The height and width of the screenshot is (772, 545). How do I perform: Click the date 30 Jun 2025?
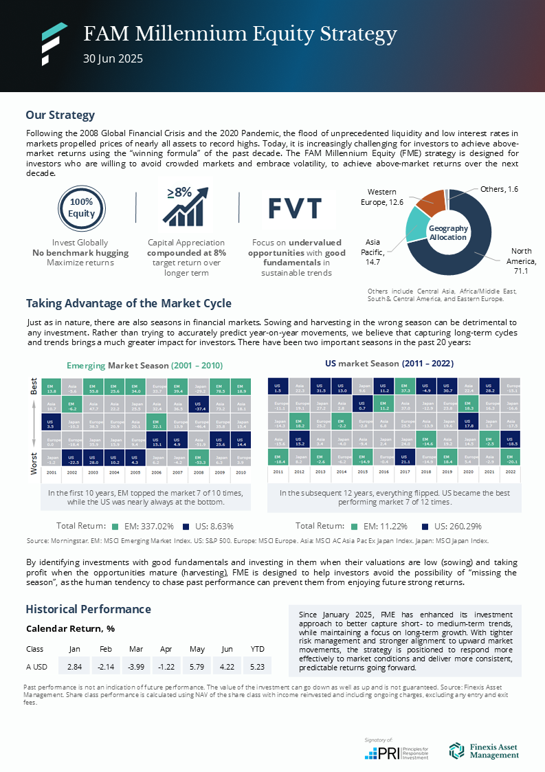pos(113,59)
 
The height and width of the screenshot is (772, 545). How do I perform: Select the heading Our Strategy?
pos(60,115)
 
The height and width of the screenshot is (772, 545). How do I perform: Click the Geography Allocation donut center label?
pos(448,232)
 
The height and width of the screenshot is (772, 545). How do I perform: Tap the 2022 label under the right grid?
pos(510,473)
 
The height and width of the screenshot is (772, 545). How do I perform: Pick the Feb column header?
pos(105,648)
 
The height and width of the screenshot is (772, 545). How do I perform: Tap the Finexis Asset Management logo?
pos(484,751)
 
